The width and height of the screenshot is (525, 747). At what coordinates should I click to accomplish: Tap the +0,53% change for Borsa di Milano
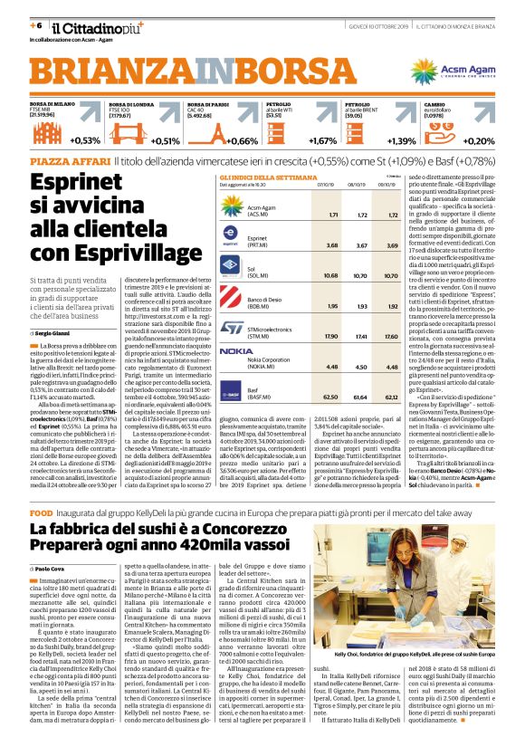85,140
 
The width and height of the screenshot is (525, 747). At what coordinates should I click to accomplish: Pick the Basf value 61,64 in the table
364,397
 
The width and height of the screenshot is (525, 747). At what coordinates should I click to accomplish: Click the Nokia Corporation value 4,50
364,367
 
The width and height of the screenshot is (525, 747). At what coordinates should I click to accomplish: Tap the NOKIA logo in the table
237,350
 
